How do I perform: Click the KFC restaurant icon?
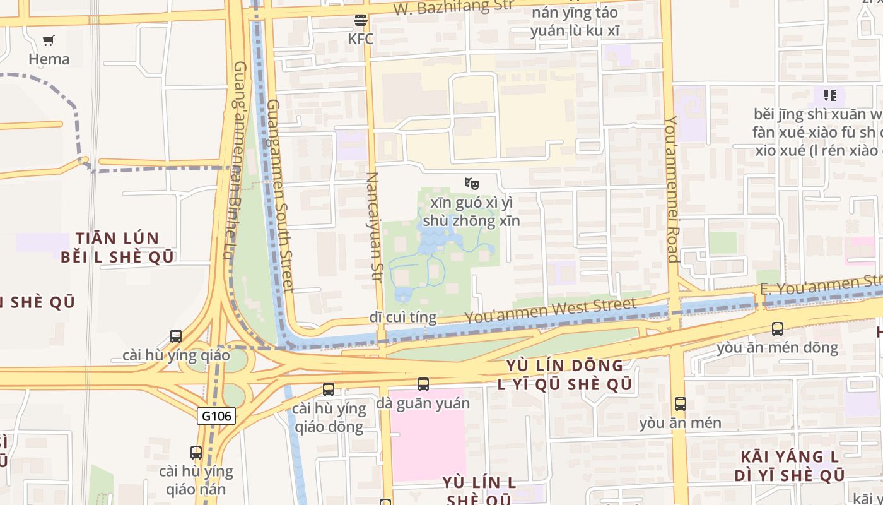361,20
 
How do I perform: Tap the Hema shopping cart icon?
49,41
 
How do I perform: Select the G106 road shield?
216,416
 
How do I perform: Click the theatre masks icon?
471,184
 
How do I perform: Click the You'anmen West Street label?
551,310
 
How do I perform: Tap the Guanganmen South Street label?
281,196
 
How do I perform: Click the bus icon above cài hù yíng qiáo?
176,336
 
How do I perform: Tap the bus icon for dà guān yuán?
423,384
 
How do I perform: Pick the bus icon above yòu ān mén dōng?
778,328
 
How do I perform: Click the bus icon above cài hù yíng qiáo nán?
196,452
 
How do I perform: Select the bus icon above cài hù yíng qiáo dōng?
329,389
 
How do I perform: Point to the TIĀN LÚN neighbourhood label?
117,239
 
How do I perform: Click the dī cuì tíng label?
403,317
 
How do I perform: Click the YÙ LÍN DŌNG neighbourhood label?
564,365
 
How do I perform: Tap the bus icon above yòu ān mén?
680,404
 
